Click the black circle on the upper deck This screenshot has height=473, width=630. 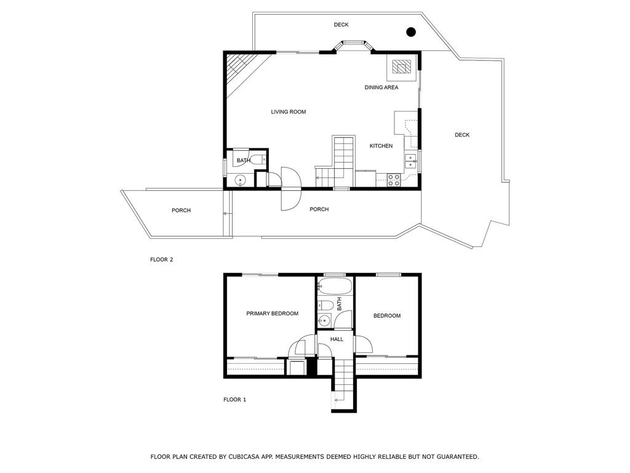[410, 32]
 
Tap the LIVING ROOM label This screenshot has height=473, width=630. [288, 112]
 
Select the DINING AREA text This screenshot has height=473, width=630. [381, 87]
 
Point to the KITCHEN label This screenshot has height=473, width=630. [381, 146]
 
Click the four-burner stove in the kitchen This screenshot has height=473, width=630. [393, 180]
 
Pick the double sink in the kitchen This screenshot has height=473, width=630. [410, 161]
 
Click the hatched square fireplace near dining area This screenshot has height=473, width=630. [402, 67]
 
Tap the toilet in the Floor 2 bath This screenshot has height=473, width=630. [257, 160]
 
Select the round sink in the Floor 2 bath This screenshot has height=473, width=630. [241, 180]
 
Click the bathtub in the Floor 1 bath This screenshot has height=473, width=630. [335, 287]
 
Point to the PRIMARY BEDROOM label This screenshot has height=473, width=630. [272, 313]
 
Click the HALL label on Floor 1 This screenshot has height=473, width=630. [337, 339]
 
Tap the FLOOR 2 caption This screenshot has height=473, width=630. [162, 260]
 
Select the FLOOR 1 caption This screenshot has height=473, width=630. [234, 400]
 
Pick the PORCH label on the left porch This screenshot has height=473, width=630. [181, 211]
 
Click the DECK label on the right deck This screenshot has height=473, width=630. [462, 135]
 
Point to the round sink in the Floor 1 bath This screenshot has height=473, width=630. [324, 320]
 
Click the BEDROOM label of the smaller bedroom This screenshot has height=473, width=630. [387, 316]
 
